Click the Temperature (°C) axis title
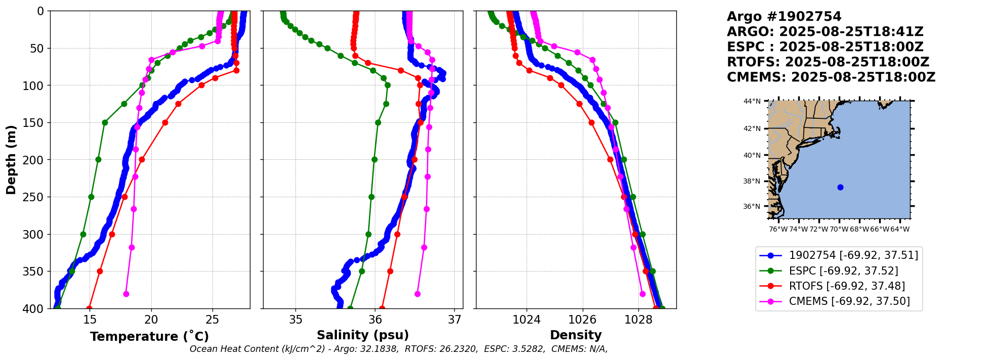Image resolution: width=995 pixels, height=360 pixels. (x=149, y=337)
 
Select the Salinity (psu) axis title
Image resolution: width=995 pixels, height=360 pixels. (x=363, y=335)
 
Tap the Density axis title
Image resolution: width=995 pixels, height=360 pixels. (x=576, y=335)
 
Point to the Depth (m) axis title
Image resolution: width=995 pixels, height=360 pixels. (x=11, y=160)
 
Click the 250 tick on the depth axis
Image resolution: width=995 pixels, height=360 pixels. (x=37, y=197)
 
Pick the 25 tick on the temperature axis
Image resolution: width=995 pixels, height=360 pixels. (x=212, y=320)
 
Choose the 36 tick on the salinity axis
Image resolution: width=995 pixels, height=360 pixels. (x=375, y=320)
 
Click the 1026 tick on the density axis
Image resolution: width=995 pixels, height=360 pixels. (x=582, y=320)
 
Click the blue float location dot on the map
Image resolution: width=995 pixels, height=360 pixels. (x=840, y=188)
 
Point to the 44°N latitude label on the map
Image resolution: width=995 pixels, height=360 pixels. (x=752, y=102)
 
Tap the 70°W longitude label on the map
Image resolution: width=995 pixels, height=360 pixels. (x=839, y=230)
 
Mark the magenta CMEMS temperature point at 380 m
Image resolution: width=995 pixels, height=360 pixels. (x=126, y=294)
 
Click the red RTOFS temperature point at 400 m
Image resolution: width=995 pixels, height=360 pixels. (x=89, y=308)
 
